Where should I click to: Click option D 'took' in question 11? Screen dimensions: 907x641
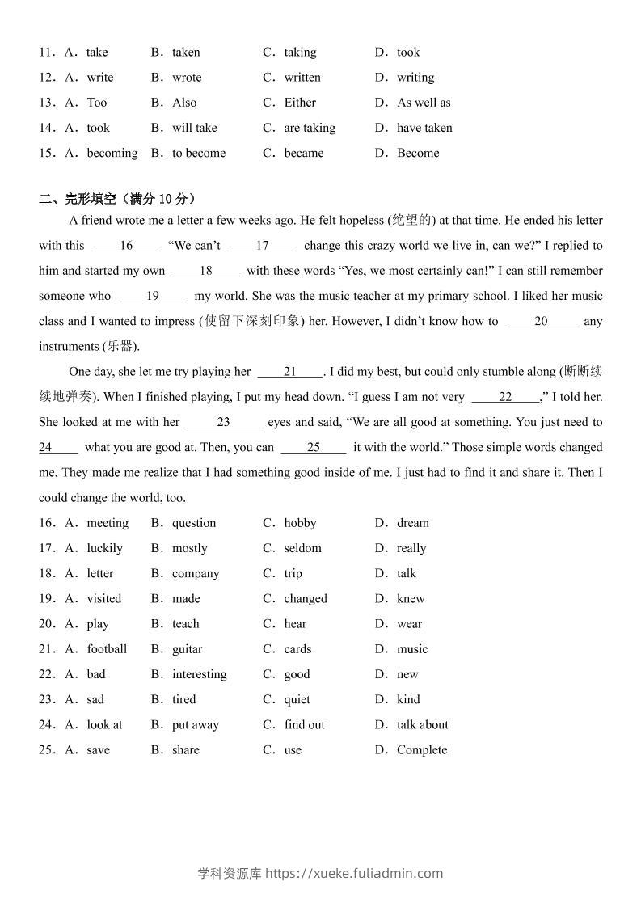[407, 53]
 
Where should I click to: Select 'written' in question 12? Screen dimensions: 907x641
[302, 78]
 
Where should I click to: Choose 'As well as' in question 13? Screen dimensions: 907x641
[424, 103]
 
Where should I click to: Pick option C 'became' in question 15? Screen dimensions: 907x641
[303, 153]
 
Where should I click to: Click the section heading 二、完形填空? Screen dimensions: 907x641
[117, 199]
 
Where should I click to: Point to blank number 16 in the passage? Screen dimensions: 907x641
[126, 246]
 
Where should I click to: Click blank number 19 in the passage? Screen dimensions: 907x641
[152, 296]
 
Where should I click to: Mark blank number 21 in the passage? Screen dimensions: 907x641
[290, 372]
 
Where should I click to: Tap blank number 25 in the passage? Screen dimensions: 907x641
[314, 447]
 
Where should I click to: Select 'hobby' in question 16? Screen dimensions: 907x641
[300, 523]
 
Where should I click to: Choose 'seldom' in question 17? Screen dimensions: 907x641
[302, 548]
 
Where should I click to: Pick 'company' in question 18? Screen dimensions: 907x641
[196, 573]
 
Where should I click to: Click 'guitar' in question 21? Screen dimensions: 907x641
[187, 649]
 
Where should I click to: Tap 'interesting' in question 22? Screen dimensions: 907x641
[199, 674]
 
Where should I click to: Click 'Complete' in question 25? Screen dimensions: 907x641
[421, 750]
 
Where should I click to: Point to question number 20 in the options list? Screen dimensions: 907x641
[47, 624]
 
